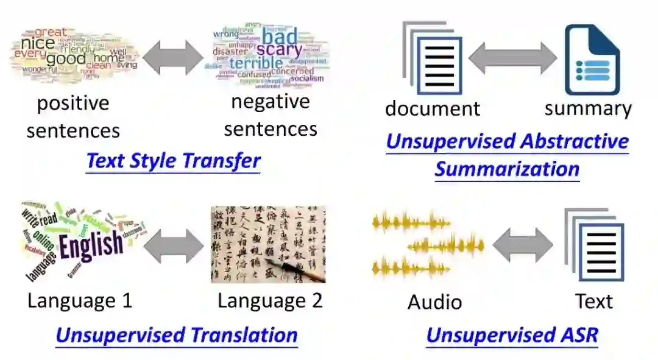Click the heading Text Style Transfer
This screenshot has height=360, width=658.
coord(173,161)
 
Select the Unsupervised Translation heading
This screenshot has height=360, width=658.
coord(176,334)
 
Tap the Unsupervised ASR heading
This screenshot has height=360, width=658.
coord(512,334)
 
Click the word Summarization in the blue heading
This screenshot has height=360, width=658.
coord(506,169)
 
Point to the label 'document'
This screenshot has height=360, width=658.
coord(433,108)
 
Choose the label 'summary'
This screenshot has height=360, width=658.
coord(588,108)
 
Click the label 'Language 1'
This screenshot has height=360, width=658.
coord(80,300)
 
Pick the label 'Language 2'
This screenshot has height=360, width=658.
coord(270,300)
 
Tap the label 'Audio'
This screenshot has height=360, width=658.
coord(434,302)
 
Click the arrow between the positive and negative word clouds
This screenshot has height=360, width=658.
coord(173,58)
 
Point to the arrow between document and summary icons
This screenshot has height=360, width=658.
coord(512,58)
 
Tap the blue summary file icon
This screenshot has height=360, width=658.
coord(592,60)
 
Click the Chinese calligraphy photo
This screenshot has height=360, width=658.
coord(268,244)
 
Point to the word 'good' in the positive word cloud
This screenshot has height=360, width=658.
coord(66,59)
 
